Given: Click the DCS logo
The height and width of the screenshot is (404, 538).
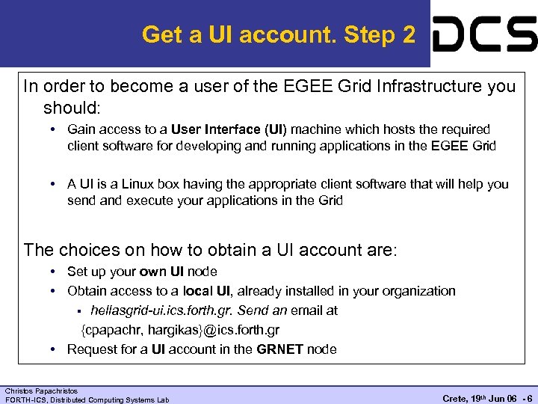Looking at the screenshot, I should click(485, 34).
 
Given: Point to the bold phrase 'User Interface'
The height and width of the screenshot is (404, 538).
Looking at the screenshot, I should click(213, 129).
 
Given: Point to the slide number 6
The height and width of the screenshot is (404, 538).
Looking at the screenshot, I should click(529, 398).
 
